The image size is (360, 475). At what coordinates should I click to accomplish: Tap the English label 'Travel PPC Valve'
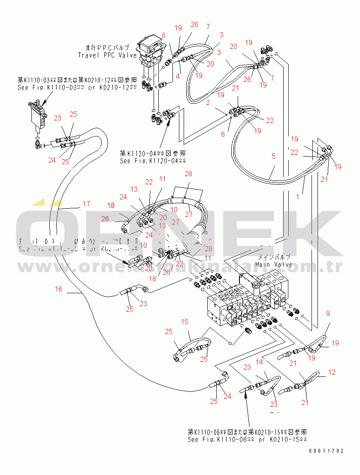click(107, 55)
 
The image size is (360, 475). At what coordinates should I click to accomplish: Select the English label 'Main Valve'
click(274, 265)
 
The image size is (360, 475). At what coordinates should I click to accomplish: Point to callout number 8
click(163, 35)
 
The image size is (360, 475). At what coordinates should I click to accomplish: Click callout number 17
click(86, 204)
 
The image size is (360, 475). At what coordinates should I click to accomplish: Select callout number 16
click(58, 289)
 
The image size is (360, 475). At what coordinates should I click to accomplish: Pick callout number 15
click(185, 322)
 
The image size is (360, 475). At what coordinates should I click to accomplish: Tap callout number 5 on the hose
click(273, 156)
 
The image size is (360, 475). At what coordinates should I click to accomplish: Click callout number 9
click(328, 313)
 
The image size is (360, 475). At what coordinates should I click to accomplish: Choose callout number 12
click(332, 372)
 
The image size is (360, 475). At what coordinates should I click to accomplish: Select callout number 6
click(223, 134)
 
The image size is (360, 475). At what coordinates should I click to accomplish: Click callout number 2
click(207, 102)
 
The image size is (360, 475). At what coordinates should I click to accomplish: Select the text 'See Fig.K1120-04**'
click(153, 161)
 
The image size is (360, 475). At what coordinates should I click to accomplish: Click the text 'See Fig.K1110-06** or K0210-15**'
click(248, 439)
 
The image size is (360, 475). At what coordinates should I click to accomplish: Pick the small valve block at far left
click(37, 115)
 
